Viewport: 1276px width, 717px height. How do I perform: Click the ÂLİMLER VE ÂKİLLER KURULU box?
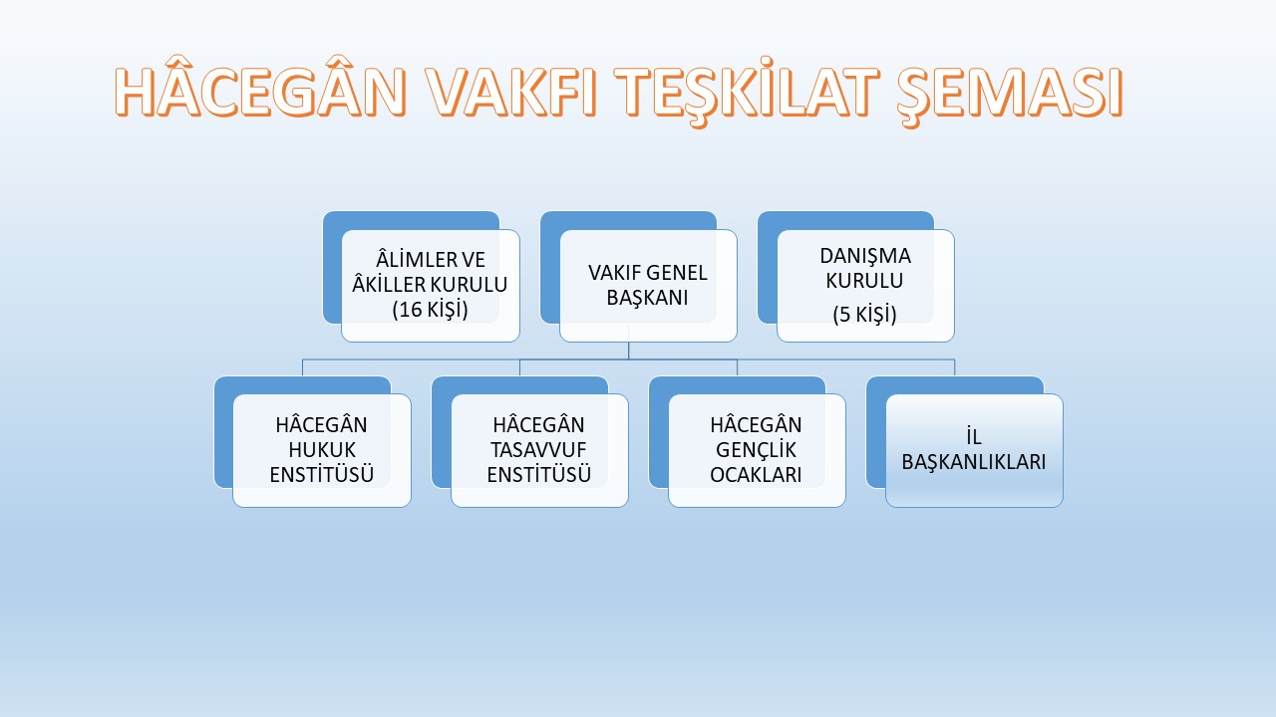(x=430, y=285)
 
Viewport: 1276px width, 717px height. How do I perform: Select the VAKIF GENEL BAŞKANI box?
(x=648, y=285)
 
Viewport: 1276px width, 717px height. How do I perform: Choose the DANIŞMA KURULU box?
(x=865, y=285)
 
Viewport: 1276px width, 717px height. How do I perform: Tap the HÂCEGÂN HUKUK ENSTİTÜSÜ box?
(x=322, y=450)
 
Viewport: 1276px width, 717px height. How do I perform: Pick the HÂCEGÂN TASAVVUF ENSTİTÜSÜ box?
(x=539, y=450)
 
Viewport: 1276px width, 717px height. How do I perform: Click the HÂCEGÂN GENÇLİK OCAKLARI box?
(x=757, y=450)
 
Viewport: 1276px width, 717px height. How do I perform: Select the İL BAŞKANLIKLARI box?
(x=974, y=450)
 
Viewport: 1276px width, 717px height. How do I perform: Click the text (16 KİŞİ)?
(x=430, y=310)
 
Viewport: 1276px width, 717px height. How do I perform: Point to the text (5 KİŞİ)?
(x=864, y=314)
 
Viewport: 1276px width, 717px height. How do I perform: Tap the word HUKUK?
(x=322, y=450)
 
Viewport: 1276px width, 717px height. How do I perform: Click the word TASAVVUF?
(x=538, y=450)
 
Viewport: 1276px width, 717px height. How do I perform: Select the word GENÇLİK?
(x=756, y=450)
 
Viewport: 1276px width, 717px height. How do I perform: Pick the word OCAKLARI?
(x=756, y=475)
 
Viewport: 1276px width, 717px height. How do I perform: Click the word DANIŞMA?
(x=865, y=256)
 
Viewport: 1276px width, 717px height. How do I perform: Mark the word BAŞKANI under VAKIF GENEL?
(x=647, y=298)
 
